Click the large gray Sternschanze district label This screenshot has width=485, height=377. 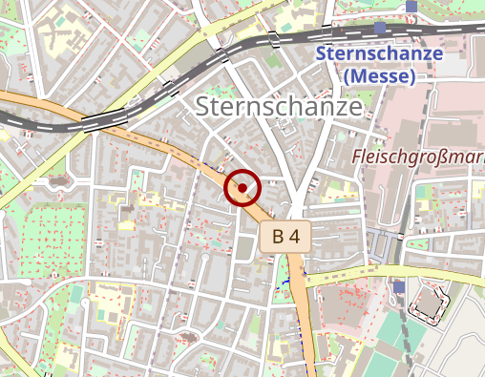pos(280,107)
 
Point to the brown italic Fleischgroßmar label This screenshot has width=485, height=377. pos(418,156)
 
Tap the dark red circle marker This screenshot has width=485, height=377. pos(243,187)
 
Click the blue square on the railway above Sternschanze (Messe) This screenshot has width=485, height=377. pos(379,29)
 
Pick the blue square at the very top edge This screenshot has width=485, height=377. pos(411,6)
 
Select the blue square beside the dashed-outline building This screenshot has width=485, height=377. pos(398,286)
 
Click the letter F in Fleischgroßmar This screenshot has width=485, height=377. pos(358,156)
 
